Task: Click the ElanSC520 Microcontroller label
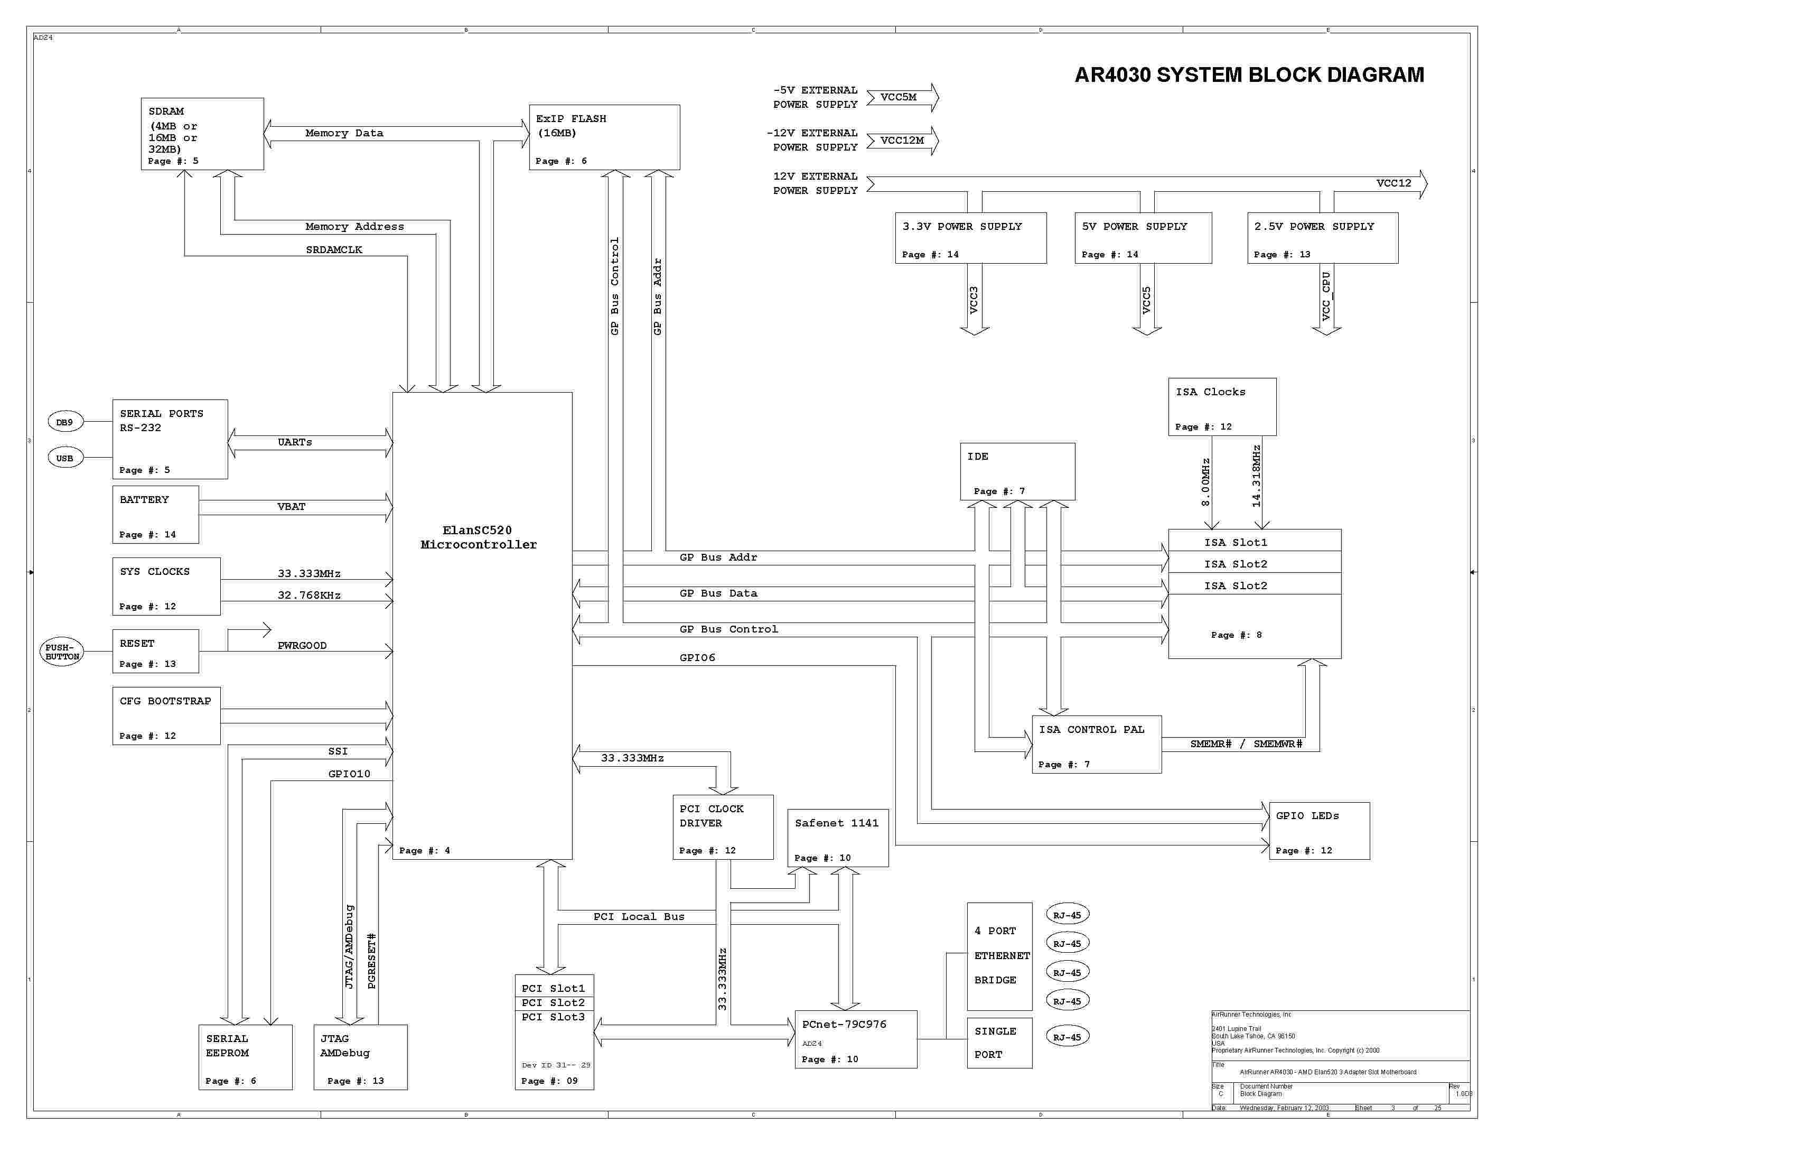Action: pyautogui.click(x=478, y=537)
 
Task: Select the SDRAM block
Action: pyautogui.click(x=202, y=134)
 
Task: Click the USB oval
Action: pyautogui.click(x=65, y=458)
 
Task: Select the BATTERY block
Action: pyautogui.click(x=155, y=515)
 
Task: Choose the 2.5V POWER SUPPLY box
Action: pyautogui.click(x=1322, y=238)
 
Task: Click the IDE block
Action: pyautogui.click(x=1017, y=471)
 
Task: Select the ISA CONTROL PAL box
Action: pyautogui.click(x=1096, y=745)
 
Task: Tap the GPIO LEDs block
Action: pyautogui.click(x=1318, y=831)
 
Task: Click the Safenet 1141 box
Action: pyautogui.click(x=837, y=838)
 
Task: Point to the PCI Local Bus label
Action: pyautogui.click(x=638, y=917)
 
